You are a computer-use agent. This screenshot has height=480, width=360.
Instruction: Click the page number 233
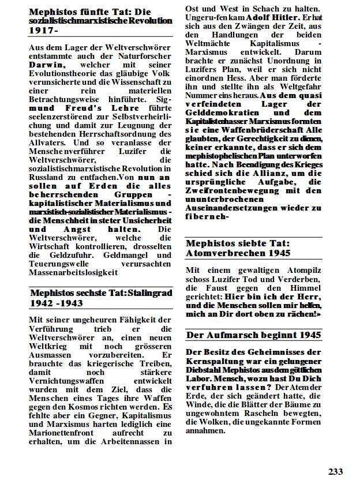[x=336, y=471]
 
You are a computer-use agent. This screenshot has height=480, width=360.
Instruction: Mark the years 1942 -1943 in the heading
[x=56, y=303]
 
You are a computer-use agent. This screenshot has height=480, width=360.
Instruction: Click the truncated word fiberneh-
[x=208, y=217]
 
